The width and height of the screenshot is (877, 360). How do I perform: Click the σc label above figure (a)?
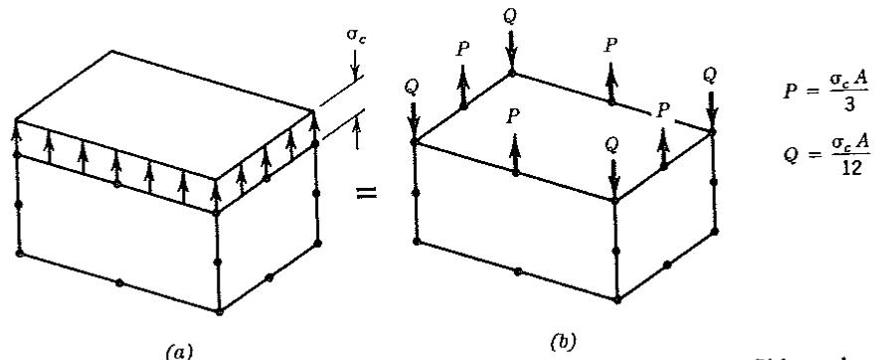(356, 37)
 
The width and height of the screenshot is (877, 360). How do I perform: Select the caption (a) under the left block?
(180, 352)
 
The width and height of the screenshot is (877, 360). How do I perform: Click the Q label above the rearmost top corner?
(510, 16)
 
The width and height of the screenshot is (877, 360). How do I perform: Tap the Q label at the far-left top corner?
(413, 88)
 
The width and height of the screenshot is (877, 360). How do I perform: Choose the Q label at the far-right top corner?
(710, 76)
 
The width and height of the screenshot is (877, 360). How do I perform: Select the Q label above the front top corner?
(613, 145)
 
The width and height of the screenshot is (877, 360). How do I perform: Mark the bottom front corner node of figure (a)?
(219, 311)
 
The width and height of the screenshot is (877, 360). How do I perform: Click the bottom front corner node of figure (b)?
(616, 300)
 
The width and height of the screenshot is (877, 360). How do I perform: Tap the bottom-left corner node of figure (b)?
(416, 241)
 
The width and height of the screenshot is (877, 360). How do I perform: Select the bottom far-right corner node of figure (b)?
(715, 231)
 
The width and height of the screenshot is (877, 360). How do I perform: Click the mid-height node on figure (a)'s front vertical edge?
(218, 262)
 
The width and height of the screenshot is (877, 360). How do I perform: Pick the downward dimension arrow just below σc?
(355, 66)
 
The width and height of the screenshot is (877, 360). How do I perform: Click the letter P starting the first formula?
(789, 92)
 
